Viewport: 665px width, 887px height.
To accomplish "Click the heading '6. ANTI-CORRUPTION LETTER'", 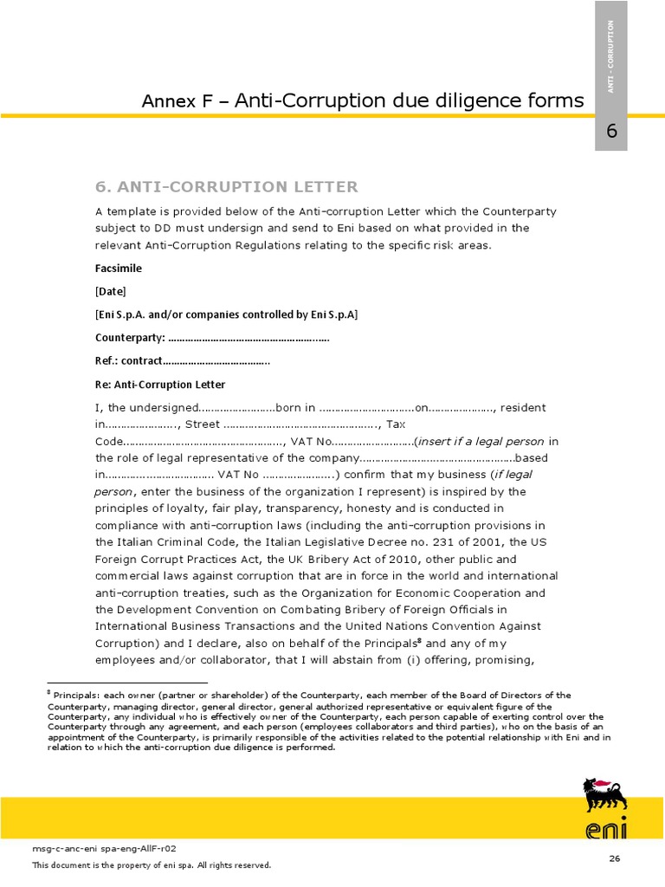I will [226, 187].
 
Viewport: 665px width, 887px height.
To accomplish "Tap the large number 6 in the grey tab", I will [611, 132].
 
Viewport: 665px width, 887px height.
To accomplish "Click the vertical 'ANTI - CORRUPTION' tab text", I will [611, 56].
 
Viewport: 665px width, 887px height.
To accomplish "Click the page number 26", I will [615, 858].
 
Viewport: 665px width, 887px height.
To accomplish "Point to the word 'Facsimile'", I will [119, 269].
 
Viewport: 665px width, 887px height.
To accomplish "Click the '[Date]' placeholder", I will [111, 292].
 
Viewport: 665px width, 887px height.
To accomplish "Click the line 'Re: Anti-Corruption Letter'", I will [160, 385].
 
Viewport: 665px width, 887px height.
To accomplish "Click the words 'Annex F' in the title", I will [177, 102].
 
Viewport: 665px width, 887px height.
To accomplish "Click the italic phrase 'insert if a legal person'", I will [481, 441].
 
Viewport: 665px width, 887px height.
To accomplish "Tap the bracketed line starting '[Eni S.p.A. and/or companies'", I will [226, 314].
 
